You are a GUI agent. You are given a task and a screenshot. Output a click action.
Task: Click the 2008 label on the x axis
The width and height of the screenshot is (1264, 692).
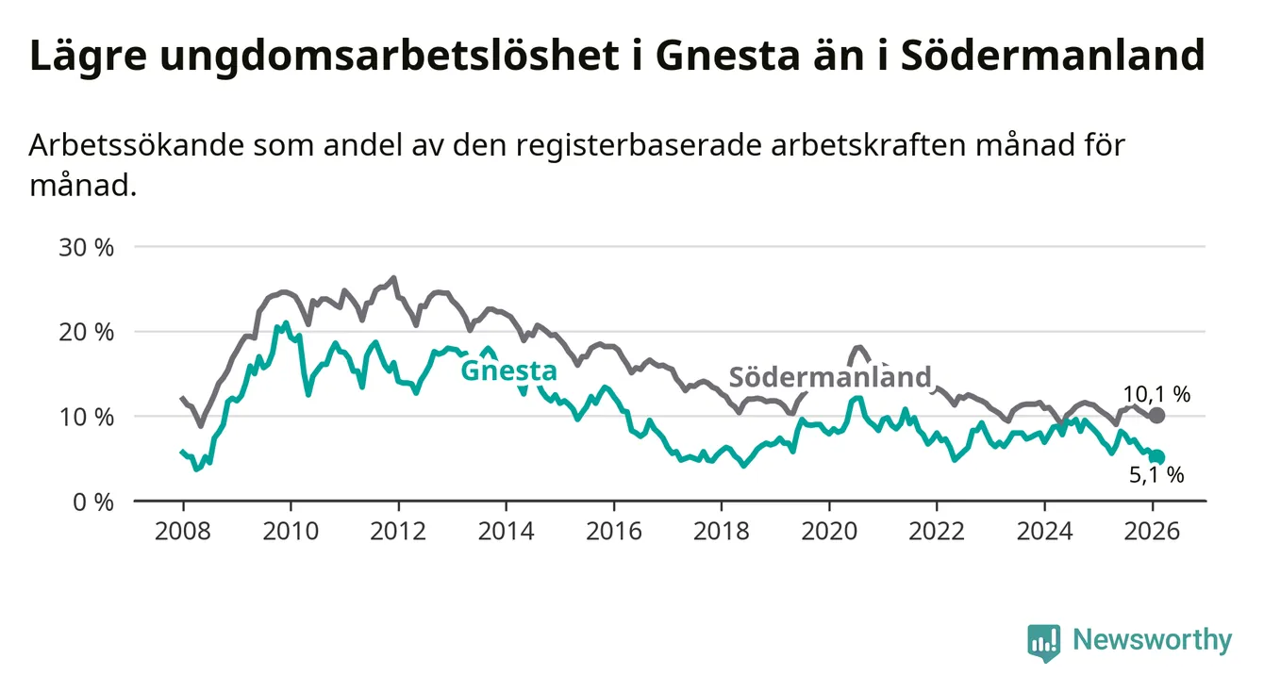pyautogui.click(x=182, y=530)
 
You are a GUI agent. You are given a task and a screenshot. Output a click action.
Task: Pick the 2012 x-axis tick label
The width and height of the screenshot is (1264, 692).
pyautogui.click(x=397, y=530)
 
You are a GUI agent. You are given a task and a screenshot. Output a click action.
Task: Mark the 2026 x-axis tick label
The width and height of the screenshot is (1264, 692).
pyautogui.click(x=1152, y=530)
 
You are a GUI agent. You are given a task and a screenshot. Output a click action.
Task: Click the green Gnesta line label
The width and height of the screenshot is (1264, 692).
pyautogui.click(x=508, y=371)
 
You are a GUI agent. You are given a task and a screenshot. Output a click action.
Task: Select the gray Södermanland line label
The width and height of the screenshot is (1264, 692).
pyautogui.click(x=831, y=377)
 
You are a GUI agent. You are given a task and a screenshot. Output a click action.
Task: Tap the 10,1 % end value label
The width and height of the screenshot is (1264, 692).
pyautogui.click(x=1156, y=395)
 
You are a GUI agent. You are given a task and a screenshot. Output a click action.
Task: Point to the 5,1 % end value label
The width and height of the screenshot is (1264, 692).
pyautogui.click(x=1156, y=476)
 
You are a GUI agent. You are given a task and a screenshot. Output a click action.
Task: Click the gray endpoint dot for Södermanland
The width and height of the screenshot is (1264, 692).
pyautogui.click(x=1157, y=416)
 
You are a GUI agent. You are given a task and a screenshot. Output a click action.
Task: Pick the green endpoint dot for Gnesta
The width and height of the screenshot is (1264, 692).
pyautogui.click(x=1157, y=457)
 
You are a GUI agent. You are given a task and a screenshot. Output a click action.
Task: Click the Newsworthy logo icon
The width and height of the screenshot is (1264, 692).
pyautogui.click(x=1043, y=642)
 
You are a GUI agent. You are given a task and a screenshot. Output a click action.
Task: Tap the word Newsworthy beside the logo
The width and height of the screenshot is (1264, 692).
pyautogui.click(x=1152, y=641)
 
